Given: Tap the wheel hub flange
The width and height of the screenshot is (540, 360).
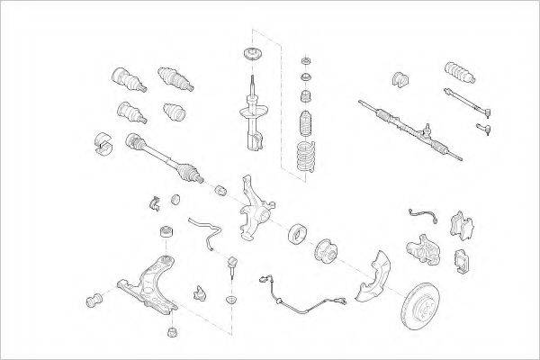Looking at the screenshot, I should (325, 252).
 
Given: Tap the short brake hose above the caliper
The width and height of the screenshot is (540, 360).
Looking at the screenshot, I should (424, 216).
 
